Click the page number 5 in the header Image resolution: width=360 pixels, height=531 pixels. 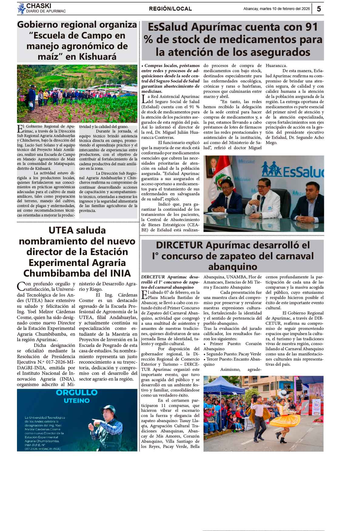(319, 9)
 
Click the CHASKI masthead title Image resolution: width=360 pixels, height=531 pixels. (39, 6)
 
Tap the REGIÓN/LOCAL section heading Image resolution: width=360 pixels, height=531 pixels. (170, 9)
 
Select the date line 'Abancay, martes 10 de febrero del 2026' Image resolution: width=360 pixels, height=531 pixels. (276, 9)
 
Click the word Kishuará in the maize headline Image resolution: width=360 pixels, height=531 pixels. (97, 57)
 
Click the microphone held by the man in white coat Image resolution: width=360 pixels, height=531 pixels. (258, 198)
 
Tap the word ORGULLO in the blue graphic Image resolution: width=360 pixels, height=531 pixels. (77, 392)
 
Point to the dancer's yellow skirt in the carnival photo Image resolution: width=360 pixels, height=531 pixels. (285, 418)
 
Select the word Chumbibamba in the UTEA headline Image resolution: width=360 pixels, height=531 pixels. (55, 273)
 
